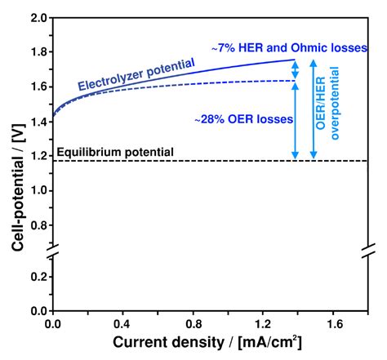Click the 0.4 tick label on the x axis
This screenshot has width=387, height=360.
123,323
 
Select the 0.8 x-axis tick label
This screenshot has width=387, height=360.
193,323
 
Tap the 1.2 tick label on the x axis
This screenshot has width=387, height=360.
264,323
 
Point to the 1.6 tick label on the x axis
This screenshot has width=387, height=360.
334,323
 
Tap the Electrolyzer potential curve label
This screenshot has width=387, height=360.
136,74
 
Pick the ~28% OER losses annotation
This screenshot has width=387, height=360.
242,119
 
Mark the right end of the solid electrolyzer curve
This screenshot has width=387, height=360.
296,60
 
